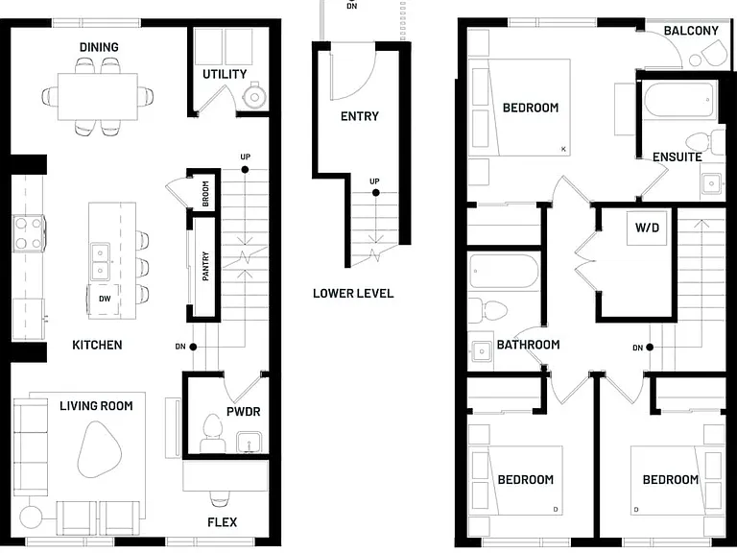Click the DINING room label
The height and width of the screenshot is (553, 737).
[99, 47]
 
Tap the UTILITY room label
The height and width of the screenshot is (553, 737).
[225, 74]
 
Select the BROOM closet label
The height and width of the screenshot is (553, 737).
[205, 194]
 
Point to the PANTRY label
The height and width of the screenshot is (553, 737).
[205, 266]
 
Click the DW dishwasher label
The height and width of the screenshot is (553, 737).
[105, 299]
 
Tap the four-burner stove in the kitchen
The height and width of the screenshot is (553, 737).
[28, 233]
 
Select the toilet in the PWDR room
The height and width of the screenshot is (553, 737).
[212, 433]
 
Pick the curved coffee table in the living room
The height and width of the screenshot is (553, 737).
[99, 449]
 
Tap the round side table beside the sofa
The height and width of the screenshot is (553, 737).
[31, 517]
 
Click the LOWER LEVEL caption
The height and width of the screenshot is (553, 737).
[353, 294]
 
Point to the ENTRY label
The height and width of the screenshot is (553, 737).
[360, 116]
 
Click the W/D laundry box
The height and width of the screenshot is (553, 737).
[647, 228]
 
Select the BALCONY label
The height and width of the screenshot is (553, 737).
[691, 31]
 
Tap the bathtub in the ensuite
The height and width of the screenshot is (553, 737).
[680, 100]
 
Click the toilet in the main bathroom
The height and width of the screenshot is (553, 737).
[487, 311]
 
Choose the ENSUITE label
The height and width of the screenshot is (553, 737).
[678, 157]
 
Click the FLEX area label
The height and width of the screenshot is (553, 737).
[223, 522]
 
